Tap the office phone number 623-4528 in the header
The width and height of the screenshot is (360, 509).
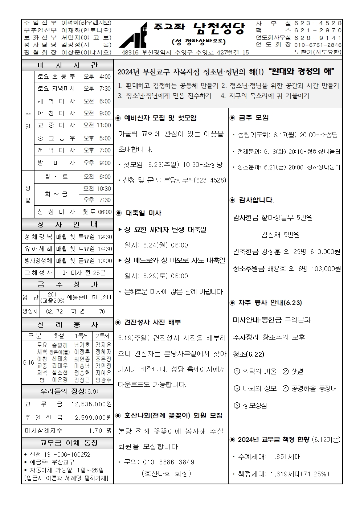click(x=318, y=23)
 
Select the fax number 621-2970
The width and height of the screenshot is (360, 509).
click(x=318, y=30)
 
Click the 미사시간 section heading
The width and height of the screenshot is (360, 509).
click(x=67, y=65)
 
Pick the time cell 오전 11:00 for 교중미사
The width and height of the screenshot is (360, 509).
click(x=97, y=125)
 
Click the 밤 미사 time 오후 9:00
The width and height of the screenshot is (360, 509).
click(x=97, y=163)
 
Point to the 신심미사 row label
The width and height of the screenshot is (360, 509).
click(x=56, y=212)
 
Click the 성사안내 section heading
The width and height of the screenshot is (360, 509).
click(x=67, y=225)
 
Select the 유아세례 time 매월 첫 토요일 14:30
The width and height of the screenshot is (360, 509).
click(x=84, y=249)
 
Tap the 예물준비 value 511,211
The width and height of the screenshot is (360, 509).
click(x=102, y=297)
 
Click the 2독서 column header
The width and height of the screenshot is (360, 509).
click(x=103, y=336)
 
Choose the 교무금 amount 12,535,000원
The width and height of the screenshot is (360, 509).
click(x=91, y=404)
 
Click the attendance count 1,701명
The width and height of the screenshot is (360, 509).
click(x=100, y=431)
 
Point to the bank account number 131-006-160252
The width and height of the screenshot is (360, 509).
click(x=67, y=455)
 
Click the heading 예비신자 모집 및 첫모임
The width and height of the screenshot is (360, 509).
click(x=160, y=118)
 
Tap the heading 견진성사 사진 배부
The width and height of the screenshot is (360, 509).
click(x=152, y=322)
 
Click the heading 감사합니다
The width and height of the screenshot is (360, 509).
click(x=256, y=200)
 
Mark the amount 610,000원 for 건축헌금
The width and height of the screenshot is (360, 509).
click(x=326, y=251)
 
